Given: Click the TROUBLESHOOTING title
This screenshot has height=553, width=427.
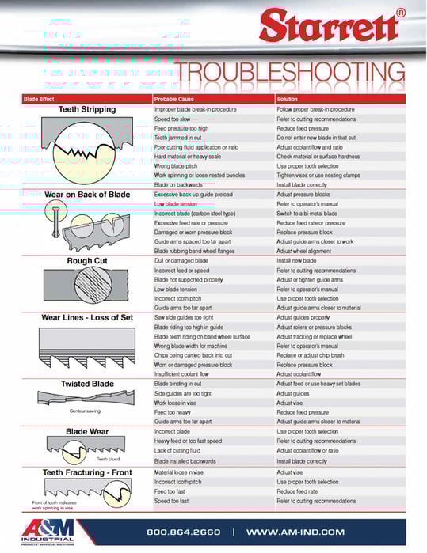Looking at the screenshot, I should [291, 74].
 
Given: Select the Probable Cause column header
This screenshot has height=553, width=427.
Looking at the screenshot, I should [174, 99].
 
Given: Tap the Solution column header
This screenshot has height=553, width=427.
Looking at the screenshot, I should [287, 99].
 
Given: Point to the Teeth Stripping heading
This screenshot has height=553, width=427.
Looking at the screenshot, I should [87, 109].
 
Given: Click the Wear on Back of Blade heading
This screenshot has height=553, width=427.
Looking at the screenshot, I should [87, 194].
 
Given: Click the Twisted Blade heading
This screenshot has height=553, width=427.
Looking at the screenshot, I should [87, 384].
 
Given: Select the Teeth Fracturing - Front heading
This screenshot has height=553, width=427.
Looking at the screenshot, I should [87, 472].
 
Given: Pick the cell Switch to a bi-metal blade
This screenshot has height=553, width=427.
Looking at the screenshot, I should [311, 213].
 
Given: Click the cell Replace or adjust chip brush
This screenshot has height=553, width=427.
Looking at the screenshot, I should [314, 355].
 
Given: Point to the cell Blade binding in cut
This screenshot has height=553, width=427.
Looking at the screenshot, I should [179, 384].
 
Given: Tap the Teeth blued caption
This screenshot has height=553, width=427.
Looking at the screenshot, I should [108, 458].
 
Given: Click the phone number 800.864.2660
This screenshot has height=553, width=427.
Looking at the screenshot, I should [184, 532].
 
